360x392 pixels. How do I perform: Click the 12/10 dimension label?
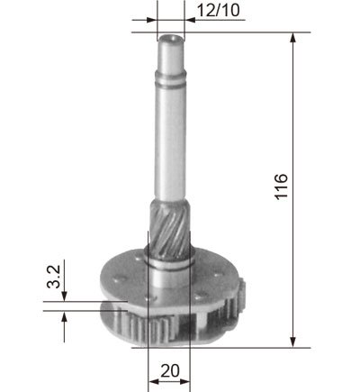pyautogui.click(x=219, y=11)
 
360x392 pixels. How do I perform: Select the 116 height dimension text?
pyautogui.click(x=282, y=187)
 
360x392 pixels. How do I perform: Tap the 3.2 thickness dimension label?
pyautogui.click(x=54, y=277)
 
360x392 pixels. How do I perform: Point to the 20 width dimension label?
pyautogui.click(x=170, y=370)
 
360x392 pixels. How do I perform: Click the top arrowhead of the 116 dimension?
pyautogui.click(x=293, y=38)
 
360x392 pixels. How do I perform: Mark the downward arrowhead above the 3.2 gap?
pyautogui.click(x=64, y=296)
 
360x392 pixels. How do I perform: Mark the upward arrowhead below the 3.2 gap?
pyautogui.click(x=64, y=316)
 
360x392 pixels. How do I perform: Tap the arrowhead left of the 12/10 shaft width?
pyautogui.click(x=152, y=20)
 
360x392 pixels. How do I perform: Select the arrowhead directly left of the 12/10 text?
pyautogui.click(x=190, y=20)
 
